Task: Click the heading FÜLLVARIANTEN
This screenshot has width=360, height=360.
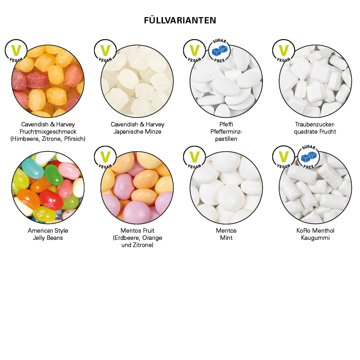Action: [x=180, y=20]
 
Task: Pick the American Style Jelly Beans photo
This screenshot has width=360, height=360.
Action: [x=48, y=187]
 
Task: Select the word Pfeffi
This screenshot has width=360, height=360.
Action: [x=226, y=125]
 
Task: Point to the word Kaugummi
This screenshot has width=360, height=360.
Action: [x=315, y=238]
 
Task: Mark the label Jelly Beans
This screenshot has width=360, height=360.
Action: [x=48, y=238]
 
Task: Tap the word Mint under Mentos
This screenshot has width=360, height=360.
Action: [x=226, y=238]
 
